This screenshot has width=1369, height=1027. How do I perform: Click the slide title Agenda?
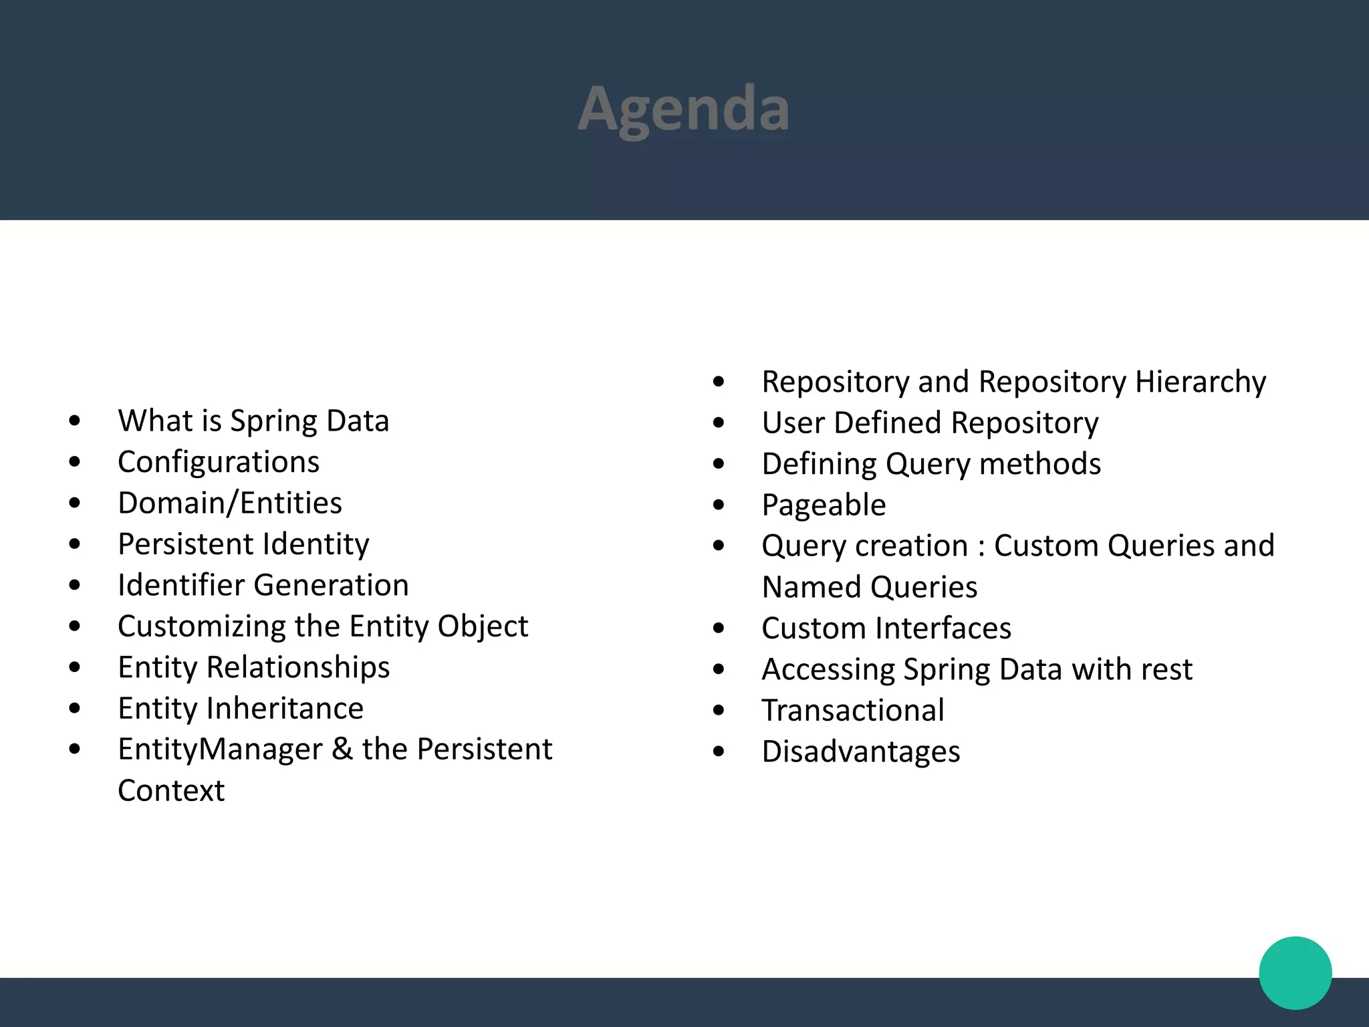click(x=683, y=109)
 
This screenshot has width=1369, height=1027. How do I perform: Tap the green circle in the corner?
click(x=1295, y=972)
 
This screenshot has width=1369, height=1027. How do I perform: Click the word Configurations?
click(x=219, y=462)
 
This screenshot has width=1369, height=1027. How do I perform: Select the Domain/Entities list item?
click(x=229, y=503)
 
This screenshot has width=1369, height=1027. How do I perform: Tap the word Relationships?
click(x=298, y=667)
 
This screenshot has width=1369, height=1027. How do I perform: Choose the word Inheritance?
click(x=285, y=708)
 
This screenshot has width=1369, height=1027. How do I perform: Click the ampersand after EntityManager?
click(x=342, y=749)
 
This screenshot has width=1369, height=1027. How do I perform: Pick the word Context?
click(x=171, y=790)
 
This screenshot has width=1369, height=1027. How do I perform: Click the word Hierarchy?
click(x=1200, y=382)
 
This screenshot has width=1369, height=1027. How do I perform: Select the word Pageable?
click(x=824, y=505)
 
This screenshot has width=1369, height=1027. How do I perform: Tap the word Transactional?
click(x=853, y=710)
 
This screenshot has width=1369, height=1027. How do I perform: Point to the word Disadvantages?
click(x=861, y=752)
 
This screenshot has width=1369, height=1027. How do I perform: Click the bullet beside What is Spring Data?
click(x=74, y=421)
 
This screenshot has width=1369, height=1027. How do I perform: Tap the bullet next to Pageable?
click(x=719, y=505)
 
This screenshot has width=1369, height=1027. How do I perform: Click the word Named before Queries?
click(x=811, y=587)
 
